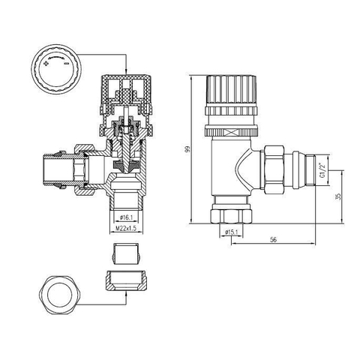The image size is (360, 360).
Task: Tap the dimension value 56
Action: point(274,239)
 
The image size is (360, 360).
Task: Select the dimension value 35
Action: point(338,196)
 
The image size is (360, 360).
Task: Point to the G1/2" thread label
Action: point(322,170)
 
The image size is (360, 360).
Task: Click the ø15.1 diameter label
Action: point(231,232)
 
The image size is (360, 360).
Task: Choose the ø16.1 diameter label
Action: point(126,217)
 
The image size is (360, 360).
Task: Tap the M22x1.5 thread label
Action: point(126,228)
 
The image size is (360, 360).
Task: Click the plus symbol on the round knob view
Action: point(46,64)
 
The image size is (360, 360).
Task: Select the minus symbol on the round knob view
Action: point(67,64)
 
